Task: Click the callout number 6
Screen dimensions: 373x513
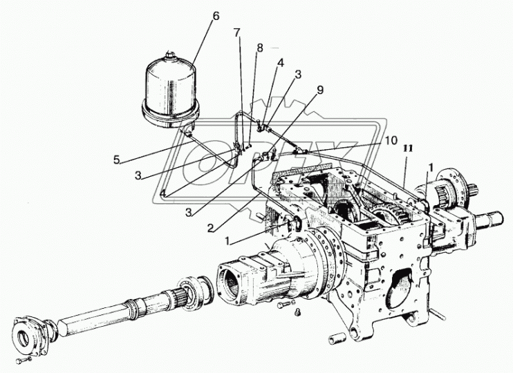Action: (216, 15)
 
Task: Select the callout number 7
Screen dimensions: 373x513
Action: (237, 32)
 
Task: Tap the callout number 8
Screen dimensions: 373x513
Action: (260, 48)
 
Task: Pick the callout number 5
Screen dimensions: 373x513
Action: (117, 160)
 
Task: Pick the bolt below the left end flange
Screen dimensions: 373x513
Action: (24, 361)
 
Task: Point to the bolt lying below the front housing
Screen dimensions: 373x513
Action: (283, 303)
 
